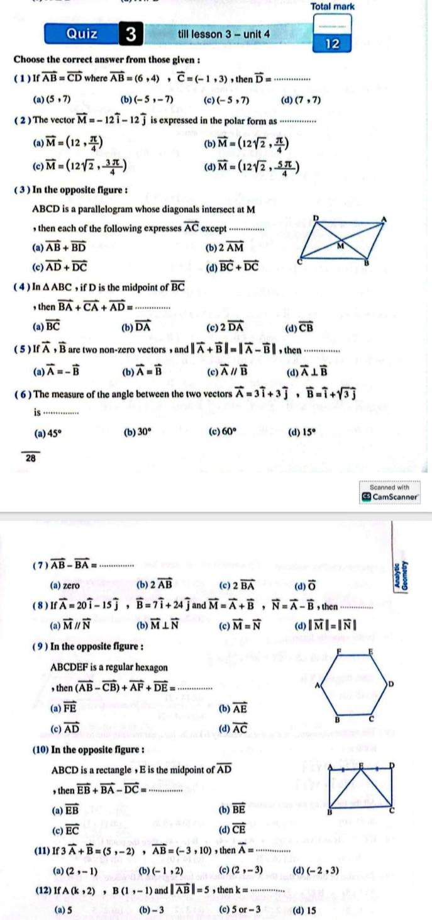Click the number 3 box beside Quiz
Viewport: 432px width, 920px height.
point(131,34)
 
